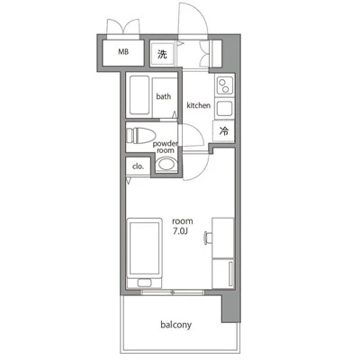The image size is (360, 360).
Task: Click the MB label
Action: click(x=123, y=51)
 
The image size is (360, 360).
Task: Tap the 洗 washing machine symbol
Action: click(x=162, y=54)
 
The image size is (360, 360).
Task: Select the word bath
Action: click(x=164, y=96)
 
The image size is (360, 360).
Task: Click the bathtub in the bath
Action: click(x=139, y=95)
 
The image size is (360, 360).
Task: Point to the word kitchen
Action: click(x=198, y=105)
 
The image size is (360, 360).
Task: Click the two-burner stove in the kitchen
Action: click(x=224, y=85)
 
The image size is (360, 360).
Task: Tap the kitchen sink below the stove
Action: click(x=224, y=109)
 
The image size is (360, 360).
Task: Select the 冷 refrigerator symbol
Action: click(x=223, y=131)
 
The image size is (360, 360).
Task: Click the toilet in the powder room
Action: click(x=140, y=136)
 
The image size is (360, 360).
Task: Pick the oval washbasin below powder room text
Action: click(x=166, y=164)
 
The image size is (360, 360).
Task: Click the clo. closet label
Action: click(x=139, y=166)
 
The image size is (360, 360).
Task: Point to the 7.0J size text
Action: click(x=180, y=231)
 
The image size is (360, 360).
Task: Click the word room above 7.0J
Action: click(x=183, y=221)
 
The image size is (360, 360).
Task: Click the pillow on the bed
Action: click(x=145, y=283)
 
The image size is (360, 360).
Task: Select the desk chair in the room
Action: click(x=207, y=238)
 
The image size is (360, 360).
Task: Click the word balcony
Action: click(x=176, y=325)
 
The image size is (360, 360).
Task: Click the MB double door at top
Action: click(x=123, y=28)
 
